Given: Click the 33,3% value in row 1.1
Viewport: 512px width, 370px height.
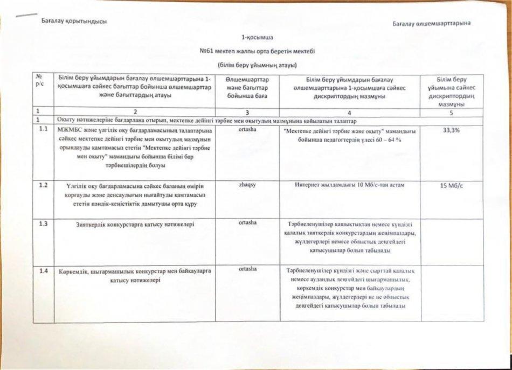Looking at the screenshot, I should pyautogui.click(x=451, y=131).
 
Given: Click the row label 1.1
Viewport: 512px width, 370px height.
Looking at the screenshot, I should pyautogui.click(x=44, y=129).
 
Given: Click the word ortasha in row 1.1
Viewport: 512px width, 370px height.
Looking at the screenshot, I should pyautogui.click(x=247, y=129).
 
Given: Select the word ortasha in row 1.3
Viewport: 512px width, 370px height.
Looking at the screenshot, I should pyautogui.click(x=247, y=222).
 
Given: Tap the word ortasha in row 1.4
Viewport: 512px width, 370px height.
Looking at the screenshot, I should pyautogui.click(x=247, y=268).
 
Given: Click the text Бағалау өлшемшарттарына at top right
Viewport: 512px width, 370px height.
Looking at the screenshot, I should pyautogui.click(x=432, y=23).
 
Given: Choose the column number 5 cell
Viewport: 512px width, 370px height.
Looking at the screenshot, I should pyautogui.click(x=451, y=113).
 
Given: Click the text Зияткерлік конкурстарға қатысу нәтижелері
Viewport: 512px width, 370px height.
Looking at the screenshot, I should pyautogui.click(x=136, y=224).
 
